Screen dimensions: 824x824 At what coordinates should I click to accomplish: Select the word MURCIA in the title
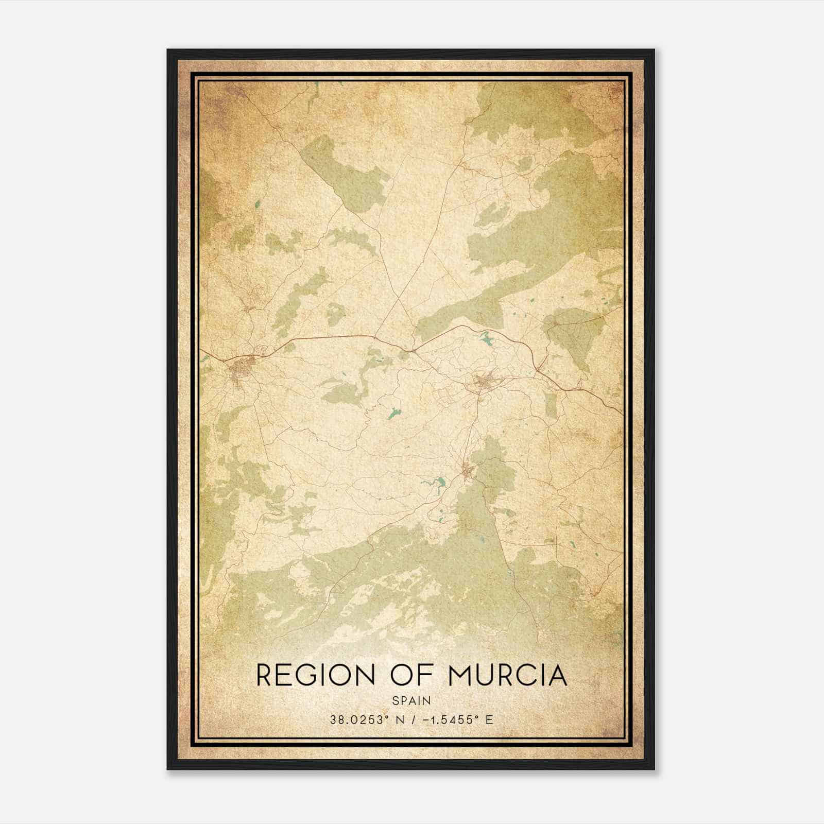[508, 675]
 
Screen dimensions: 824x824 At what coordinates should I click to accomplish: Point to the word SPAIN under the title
[411, 700]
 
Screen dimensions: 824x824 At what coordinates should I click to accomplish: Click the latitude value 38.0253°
[358, 719]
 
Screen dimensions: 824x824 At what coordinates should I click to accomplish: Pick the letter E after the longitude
[489, 719]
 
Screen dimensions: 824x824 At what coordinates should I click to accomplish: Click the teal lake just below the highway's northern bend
[486, 338]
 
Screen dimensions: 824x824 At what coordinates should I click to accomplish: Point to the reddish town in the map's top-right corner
[615, 92]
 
